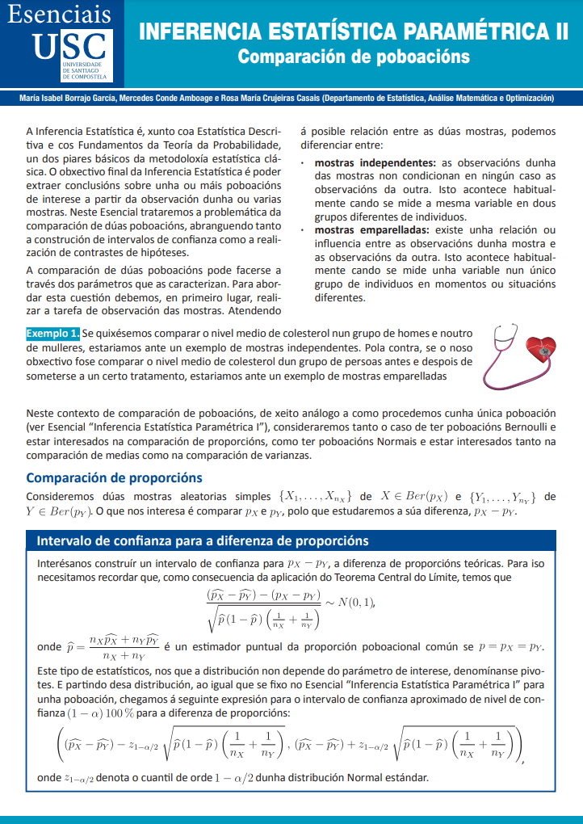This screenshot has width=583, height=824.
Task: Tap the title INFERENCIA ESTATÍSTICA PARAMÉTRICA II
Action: point(353,33)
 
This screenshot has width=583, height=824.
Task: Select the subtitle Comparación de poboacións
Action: point(353,57)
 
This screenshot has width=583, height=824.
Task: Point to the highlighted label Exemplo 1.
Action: point(52,333)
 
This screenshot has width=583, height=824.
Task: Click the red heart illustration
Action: point(543,349)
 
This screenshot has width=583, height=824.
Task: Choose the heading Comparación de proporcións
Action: point(114,477)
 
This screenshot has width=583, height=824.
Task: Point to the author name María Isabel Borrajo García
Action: point(69,98)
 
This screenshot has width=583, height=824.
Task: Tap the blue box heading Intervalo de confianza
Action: point(198,540)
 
